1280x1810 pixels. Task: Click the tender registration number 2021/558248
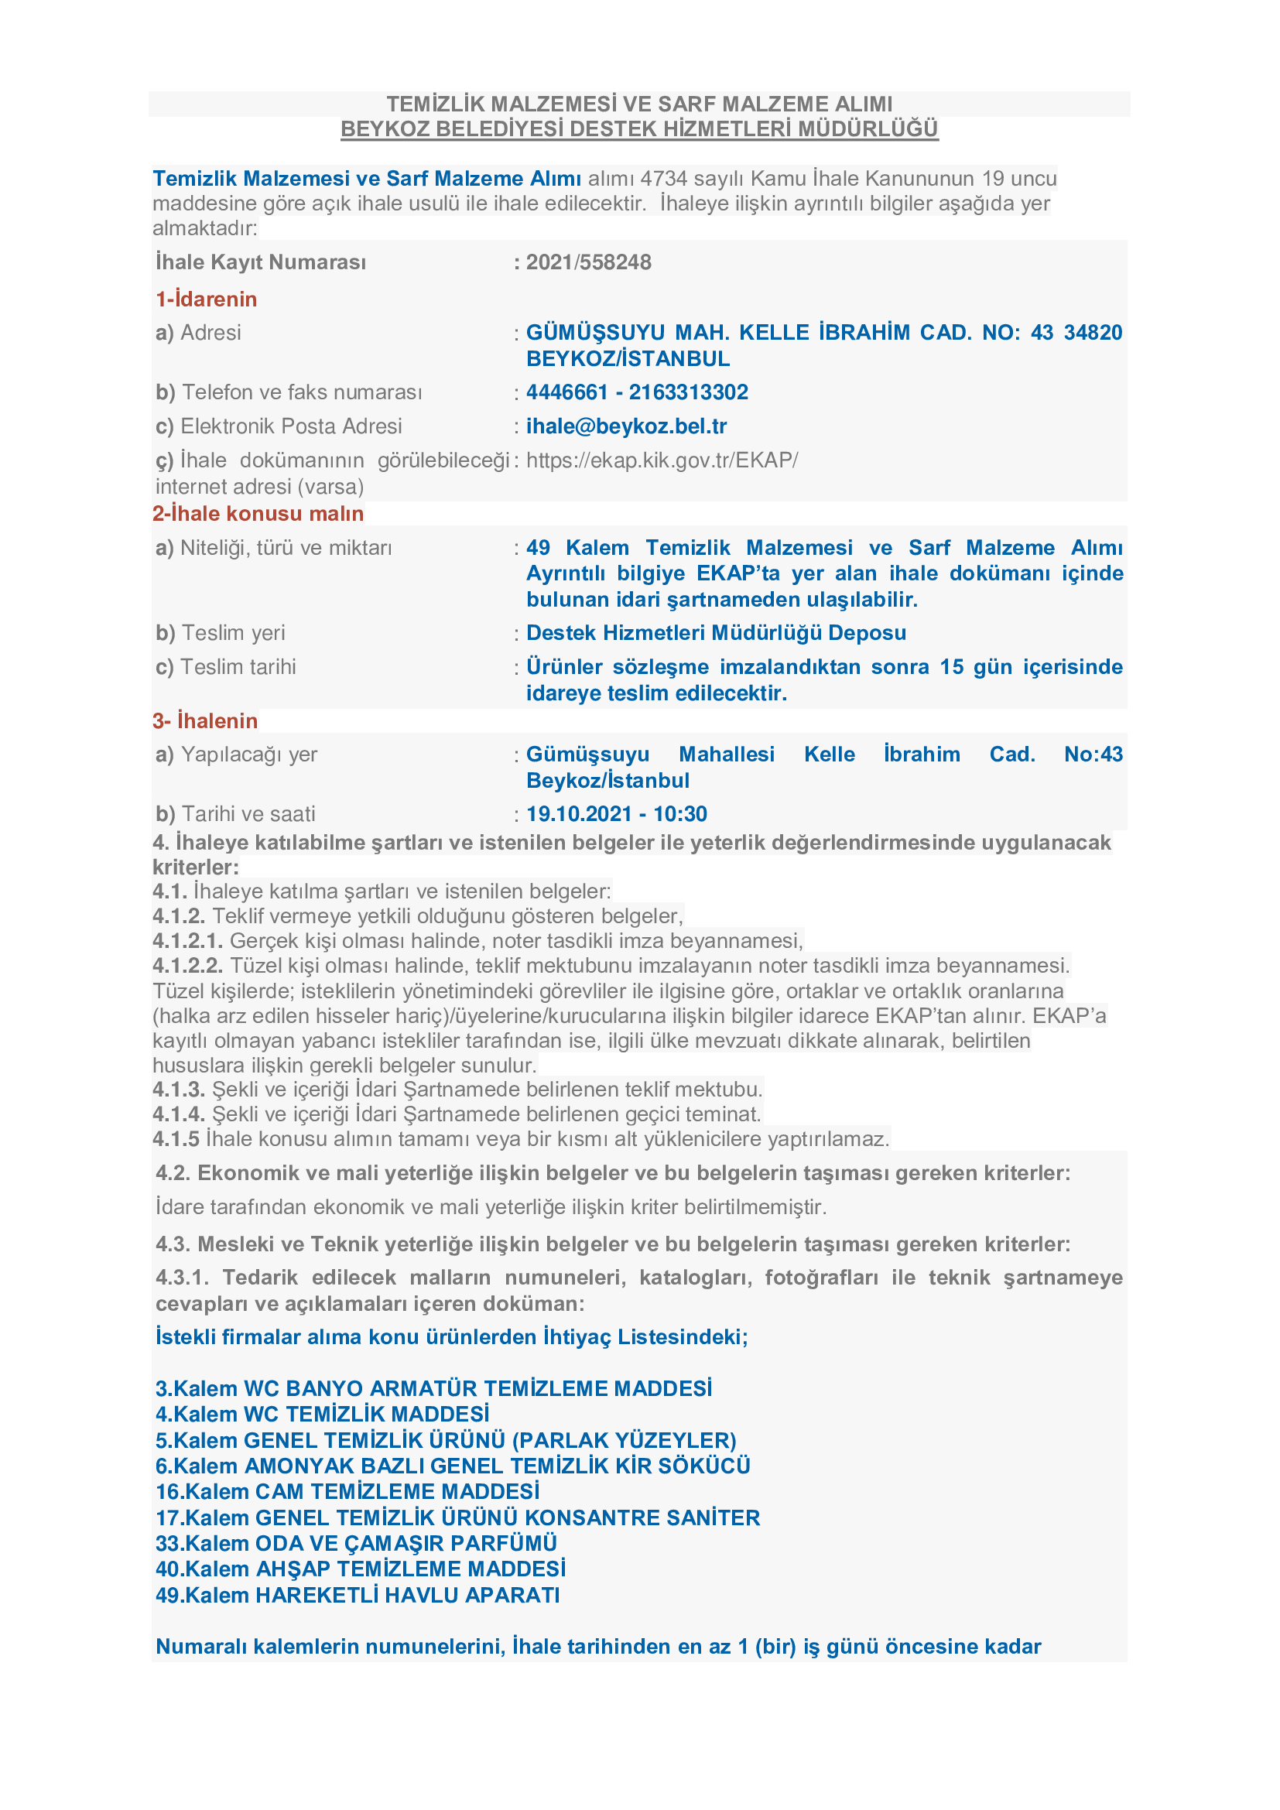point(588,262)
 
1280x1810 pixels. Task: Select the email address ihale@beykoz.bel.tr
point(626,426)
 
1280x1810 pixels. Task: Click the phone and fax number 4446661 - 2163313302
point(637,392)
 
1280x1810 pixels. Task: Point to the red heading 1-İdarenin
point(207,299)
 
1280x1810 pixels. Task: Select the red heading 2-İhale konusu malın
point(258,514)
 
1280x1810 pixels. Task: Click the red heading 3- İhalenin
point(205,721)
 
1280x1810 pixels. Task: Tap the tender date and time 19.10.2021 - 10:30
point(616,814)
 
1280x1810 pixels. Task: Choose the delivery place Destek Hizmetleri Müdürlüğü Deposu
point(716,633)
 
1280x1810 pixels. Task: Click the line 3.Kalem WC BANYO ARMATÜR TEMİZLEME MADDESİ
point(433,1389)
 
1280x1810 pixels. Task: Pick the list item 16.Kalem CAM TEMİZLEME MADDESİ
point(347,1492)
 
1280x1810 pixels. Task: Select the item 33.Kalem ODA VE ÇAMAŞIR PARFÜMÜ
point(356,1544)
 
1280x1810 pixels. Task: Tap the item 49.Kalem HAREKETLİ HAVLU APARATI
point(358,1596)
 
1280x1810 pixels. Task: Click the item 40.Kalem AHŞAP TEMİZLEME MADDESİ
point(360,1569)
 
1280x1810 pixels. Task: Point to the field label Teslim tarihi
point(238,668)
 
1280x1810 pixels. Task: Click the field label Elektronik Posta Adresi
point(291,426)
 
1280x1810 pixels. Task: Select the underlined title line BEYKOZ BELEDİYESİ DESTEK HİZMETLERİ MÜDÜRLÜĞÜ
point(639,129)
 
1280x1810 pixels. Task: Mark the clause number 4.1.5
point(176,1140)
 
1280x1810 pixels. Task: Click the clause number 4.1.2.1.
point(187,941)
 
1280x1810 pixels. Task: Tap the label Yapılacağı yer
point(248,755)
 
